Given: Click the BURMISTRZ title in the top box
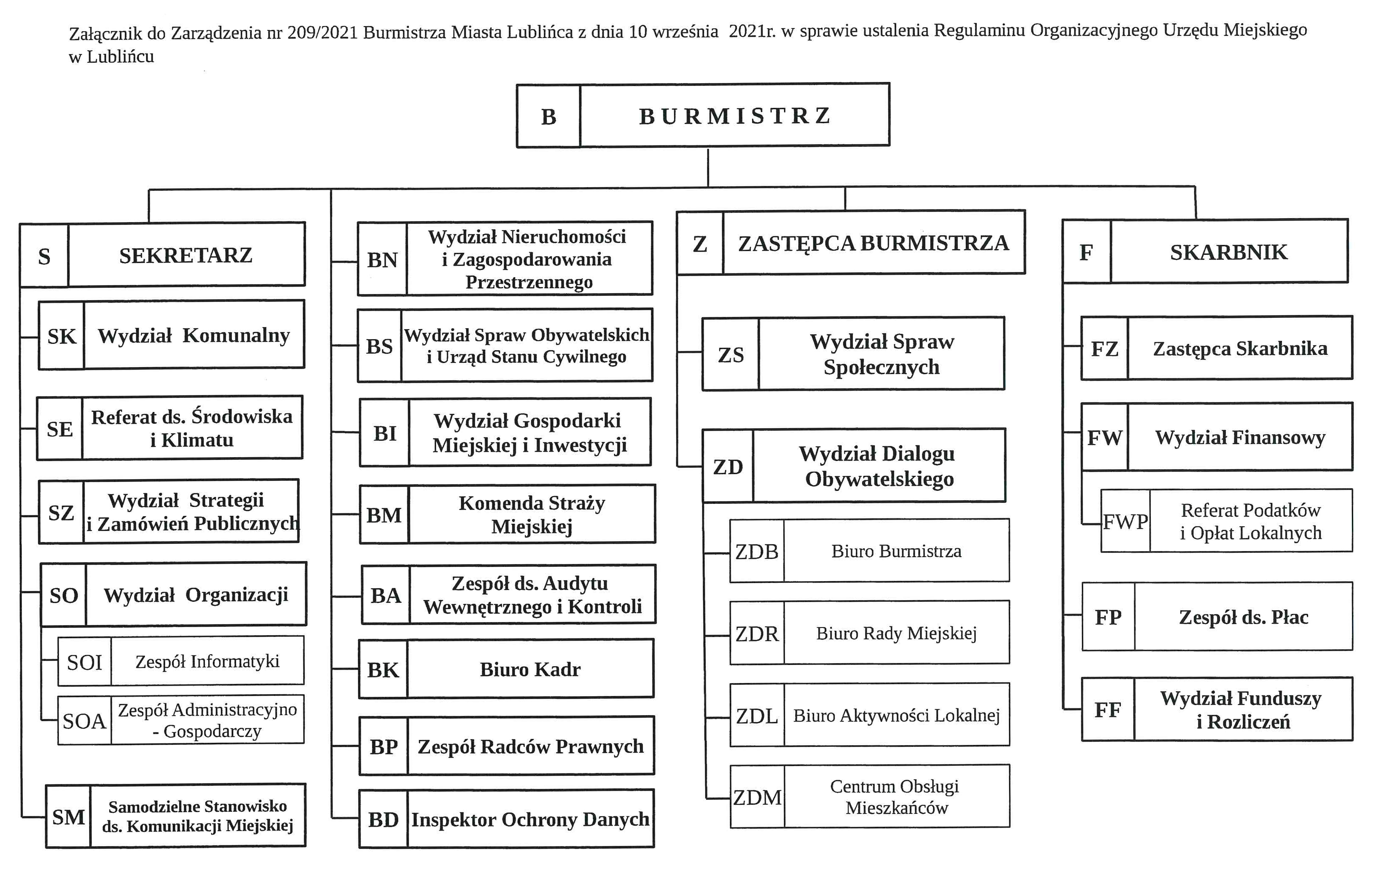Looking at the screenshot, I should coord(734,116).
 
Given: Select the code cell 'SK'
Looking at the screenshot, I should coord(62,336).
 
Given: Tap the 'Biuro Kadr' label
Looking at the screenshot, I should coord(530,669).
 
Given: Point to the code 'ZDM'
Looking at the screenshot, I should coord(757,797).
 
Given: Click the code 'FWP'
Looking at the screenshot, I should coord(1125,521).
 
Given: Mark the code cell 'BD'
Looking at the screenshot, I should coord(383,819).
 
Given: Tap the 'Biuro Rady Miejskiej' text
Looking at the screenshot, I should coord(896,633).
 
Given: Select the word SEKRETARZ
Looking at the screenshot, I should coord(185,255).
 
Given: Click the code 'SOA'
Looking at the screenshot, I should coord(84,721).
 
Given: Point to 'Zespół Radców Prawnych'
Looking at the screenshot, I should coord(530,746).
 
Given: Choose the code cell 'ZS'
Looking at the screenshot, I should coord(731,355).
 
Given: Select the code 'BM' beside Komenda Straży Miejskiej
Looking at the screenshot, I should coord(384,515).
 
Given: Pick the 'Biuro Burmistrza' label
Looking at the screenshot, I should coord(896,551).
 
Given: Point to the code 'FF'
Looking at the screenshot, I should coord(1107,709).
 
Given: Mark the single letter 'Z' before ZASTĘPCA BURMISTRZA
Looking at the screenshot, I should coord(700,244).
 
